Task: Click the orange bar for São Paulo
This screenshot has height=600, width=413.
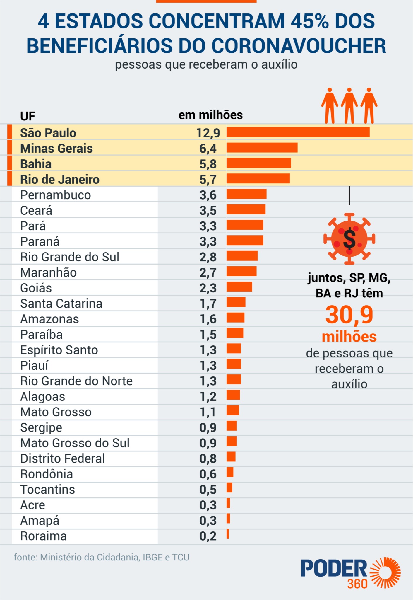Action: [298, 132]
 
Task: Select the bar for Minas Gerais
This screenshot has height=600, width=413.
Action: [262, 148]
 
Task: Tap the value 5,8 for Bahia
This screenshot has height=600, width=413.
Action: [208, 164]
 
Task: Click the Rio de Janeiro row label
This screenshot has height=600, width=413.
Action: [60, 179]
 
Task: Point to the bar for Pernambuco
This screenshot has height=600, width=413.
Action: [246, 194]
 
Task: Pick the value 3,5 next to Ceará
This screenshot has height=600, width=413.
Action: [208, 211]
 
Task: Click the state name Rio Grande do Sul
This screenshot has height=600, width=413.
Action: [70, 257]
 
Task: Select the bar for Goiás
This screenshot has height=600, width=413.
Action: [239, 287]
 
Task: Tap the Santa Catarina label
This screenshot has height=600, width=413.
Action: [61, 304]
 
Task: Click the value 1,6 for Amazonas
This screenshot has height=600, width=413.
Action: [208, 319]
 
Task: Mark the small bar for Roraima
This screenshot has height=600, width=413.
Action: [228, 534]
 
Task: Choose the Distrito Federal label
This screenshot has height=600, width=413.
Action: [62, 458]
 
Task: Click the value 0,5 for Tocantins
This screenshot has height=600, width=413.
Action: [208, 490]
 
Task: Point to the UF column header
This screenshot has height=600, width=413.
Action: [28, 116]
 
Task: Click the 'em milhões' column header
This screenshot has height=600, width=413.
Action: [210, 115]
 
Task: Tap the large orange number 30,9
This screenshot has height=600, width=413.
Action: [349, 315]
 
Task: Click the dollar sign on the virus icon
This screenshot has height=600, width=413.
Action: [349, 239]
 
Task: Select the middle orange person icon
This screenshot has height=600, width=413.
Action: [349, 105]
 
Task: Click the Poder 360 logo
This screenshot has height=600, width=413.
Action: [350, 573]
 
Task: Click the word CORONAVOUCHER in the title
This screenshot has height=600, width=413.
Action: [299, 46]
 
